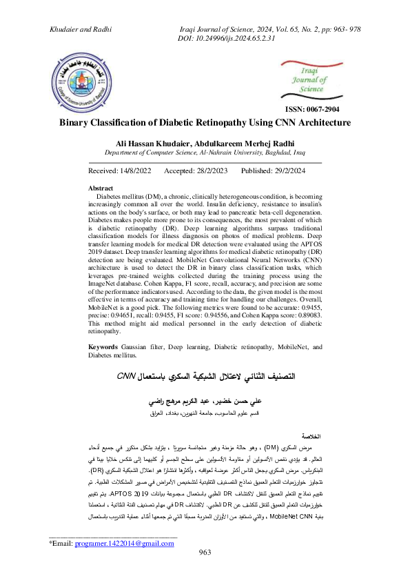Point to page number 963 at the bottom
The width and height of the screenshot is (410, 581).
[x=205, y=571]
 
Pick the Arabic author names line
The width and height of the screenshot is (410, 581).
[x=205, y=401]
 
